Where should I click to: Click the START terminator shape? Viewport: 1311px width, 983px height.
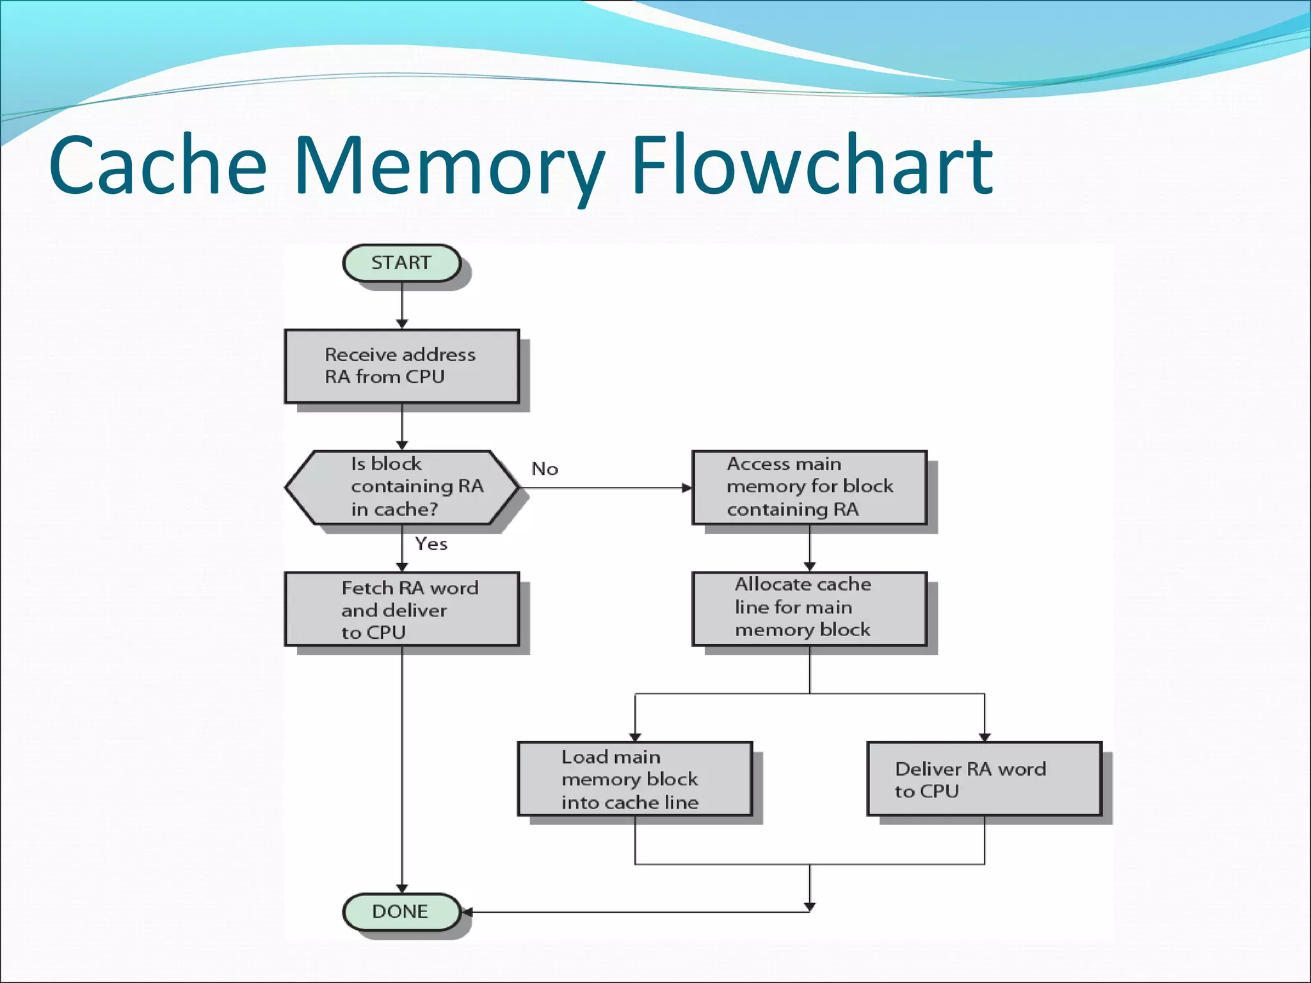pos(401,263)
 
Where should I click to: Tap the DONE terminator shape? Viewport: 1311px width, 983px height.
pos(401,911)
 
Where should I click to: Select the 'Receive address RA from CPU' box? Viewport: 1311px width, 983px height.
pos(401,366)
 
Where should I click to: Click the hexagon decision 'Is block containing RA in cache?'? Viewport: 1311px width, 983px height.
pos(401,487)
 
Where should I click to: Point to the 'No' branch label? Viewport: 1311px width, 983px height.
pos(545,469)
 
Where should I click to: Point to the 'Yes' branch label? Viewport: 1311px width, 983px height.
pos(431,544)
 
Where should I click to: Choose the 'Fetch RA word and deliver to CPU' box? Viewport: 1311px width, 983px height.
pos(401,609)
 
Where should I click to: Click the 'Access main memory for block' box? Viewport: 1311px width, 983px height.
pos(809,487)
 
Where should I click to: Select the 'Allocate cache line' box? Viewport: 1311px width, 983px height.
pos(809,608)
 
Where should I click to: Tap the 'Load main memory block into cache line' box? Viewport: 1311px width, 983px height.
pos(634,778)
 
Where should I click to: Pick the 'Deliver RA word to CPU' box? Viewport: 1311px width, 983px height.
pos(984,778)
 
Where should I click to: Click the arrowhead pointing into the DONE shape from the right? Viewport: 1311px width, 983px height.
pos(467,912)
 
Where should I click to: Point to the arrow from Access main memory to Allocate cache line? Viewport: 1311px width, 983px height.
pos(810,548)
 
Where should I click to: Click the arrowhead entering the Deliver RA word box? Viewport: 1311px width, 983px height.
pos(985,737)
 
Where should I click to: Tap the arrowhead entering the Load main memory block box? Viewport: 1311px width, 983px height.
pos(635,737)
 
